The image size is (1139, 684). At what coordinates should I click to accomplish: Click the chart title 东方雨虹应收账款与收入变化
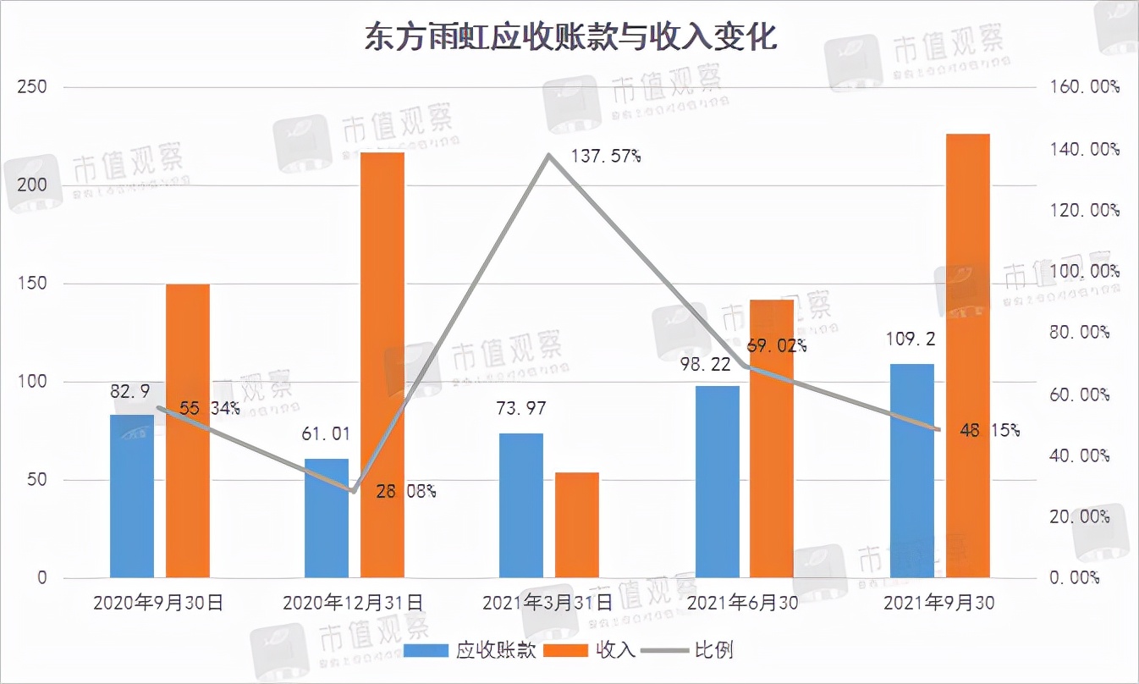point(569,38)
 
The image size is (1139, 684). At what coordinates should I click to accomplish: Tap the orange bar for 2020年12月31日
point(382,365)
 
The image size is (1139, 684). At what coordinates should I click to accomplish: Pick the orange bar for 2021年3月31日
point(577,525)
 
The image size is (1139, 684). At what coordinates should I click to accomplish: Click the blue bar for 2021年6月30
point(717,482)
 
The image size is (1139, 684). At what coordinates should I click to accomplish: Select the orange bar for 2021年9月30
point(967,356)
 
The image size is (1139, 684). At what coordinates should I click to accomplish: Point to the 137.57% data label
point(604,157)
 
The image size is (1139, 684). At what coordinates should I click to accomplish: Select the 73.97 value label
point(520,409)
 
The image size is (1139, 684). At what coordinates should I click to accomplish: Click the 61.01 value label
point(326,434)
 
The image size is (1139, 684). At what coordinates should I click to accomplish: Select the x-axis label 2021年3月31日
point(547,604)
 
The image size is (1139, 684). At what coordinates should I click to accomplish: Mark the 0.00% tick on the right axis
point(1074,578)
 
